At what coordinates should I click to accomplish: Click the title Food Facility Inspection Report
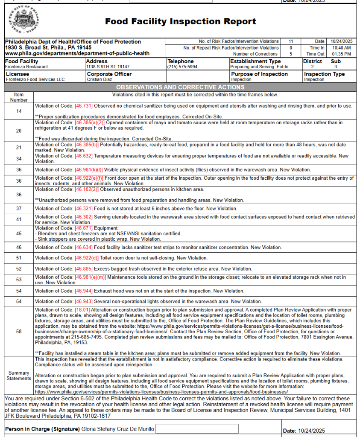click(x=180, y=21)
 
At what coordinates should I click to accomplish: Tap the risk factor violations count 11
click(x=291, y=41)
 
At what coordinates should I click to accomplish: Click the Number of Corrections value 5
click(x=291, y=54)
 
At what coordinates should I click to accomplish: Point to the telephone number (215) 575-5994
click(x=182, y=67)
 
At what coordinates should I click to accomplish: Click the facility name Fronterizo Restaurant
click(x=26, y=67)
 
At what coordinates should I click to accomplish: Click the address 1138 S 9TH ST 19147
click(x=108, y=67)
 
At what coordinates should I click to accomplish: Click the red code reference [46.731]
click(x=83, y=105)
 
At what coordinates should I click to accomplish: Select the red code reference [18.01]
click(x=82, y=310)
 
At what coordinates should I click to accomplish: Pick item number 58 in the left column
click(x=19, y=331)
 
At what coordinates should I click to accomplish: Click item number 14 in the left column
click(x=19, y=111)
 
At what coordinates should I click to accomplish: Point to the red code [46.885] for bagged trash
click(x=83, y=269)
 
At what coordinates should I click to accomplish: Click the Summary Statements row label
click(x=19, y=376)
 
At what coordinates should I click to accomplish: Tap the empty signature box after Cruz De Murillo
click(x=197, y=428)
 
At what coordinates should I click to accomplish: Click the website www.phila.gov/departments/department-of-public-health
click(x=77, y=53)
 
